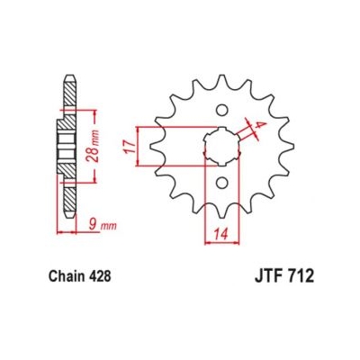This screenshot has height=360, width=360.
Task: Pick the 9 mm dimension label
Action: [x=82, y=219]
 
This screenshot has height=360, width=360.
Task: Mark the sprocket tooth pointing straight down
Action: [x=220, y=210]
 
